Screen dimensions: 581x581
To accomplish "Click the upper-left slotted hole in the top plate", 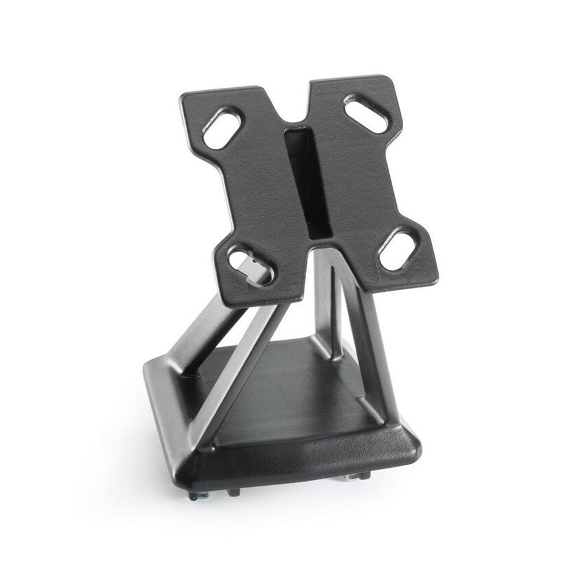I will (x=223, y=126).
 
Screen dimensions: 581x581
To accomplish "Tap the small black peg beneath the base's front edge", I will (x=234, y=492).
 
